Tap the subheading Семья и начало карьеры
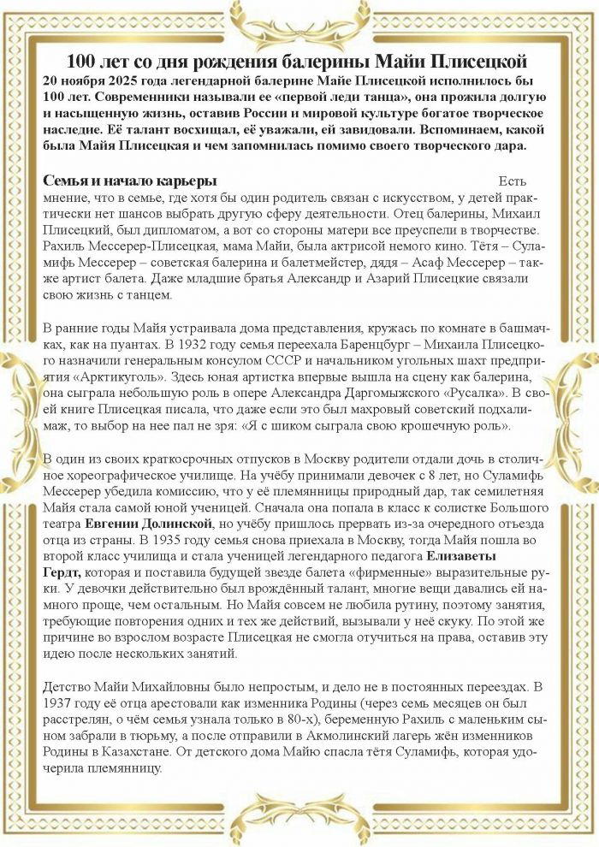pos(129,181)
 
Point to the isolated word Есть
pos(513,181)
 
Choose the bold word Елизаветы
pos(491,557)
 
